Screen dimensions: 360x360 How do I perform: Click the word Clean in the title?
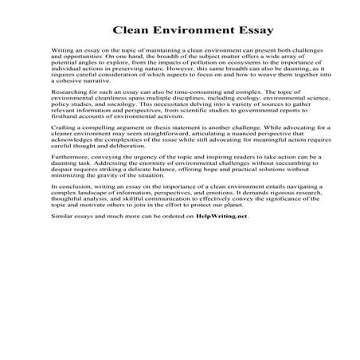coord(130,32)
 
